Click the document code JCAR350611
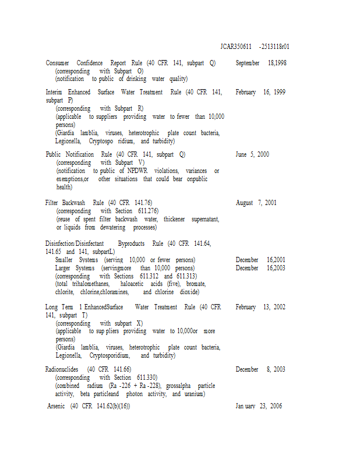236,46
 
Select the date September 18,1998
261,63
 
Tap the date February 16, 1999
260,92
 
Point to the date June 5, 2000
252,154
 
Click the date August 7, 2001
256,203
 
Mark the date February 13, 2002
260,307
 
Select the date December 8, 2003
260,369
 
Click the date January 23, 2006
259,406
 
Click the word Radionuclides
63,369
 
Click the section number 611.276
149,211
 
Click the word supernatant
199,219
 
